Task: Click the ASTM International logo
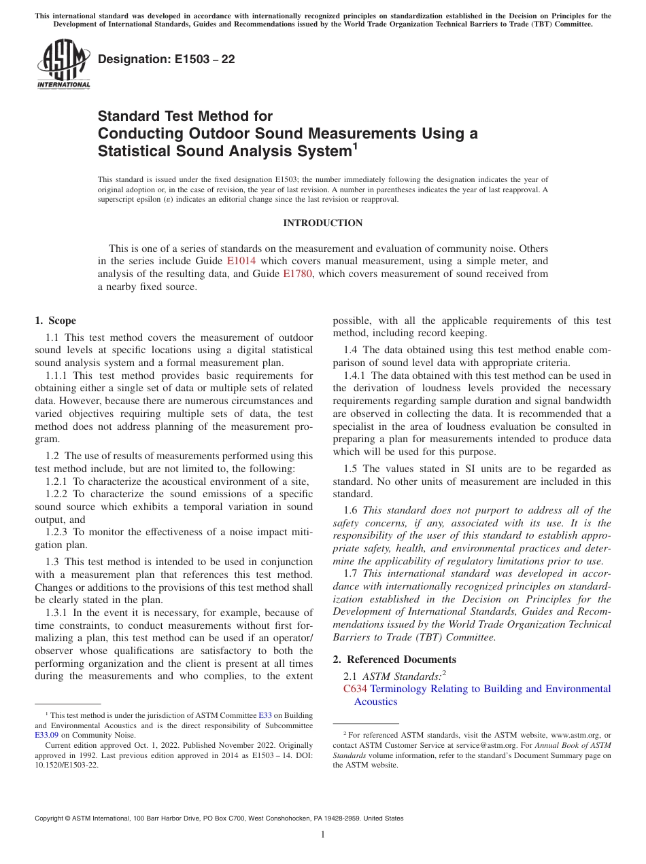pyautogui.click(x=63, y=65)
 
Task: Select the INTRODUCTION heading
pyautogui.click(x=322, y=223)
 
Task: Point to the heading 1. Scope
pyautogui.click(x=55, y=321)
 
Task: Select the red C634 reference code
pyautogui.click(x=355, y=689)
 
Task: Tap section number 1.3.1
pyautogui.click(x=56, y=613)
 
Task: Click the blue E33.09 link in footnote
pyautogui.click(x=46, y=735)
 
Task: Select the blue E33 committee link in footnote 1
pyautogui.click(x=265, y=716)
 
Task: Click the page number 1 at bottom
pyautogui.click(x=322, y=835)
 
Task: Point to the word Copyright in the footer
pyautogui.click(x=51, y=818)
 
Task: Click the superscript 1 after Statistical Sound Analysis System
pyautogui.click(x=354, y=145)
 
